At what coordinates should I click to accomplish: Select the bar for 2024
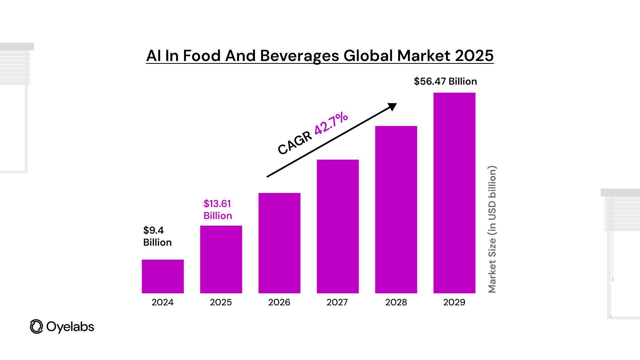163,276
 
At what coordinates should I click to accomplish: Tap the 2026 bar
279,243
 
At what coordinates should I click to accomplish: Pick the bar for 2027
338,226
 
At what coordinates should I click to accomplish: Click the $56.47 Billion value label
445,81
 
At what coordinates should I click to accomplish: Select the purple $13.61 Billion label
218,210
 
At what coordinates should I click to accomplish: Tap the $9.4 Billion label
157,236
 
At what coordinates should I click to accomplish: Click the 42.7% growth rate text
331,123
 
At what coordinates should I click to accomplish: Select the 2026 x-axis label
279,302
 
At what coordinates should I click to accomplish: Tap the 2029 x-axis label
454,302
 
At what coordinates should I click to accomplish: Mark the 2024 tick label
163,302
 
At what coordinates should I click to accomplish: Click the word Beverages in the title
299,56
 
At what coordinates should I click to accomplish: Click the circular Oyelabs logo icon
36,327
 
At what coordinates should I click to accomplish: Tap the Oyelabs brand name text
70,327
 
